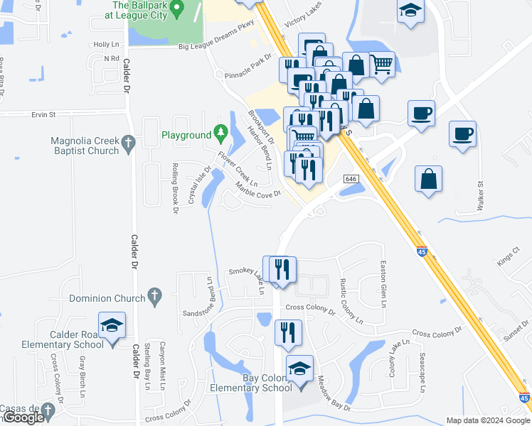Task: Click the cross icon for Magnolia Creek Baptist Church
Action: coord(128,144)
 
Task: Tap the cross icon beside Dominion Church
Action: coord(154,295)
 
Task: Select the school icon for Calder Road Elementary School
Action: coord(112,327)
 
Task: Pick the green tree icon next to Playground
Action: coord(221,133)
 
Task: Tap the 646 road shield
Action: coord(351,179)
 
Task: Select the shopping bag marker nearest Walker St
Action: coord(429,180)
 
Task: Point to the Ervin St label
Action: coord(43,114)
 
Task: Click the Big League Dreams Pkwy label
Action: coord(216,46)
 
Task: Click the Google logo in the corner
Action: coord(23,417)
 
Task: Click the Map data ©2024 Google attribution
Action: coord(487,420)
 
